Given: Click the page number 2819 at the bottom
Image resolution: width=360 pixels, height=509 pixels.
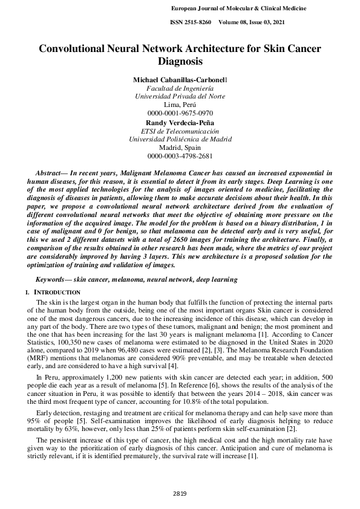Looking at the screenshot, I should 180,494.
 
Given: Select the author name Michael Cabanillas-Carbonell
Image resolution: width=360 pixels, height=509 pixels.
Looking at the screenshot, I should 180,80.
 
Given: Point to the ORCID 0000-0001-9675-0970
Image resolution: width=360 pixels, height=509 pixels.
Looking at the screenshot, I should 180,113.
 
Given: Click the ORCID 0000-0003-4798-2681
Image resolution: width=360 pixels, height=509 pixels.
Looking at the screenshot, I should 180,156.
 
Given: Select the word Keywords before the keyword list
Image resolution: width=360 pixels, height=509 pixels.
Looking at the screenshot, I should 51,279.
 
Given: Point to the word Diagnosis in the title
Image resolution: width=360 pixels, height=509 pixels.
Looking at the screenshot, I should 180,61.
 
